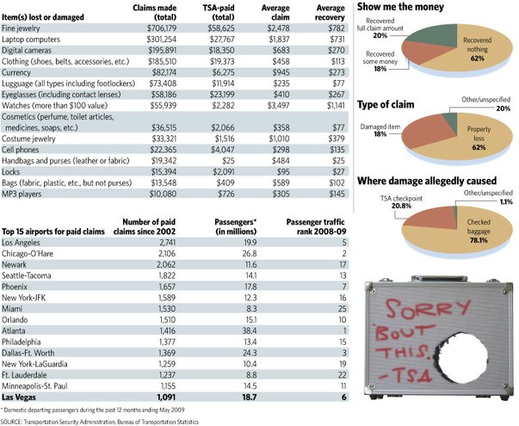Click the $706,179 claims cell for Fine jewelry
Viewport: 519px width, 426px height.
162,28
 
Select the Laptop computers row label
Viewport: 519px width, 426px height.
31,40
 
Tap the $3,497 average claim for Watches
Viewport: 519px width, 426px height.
278,106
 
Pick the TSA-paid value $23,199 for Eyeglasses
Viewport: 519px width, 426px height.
222,95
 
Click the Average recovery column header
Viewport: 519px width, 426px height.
330,13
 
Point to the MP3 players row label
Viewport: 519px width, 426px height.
22,194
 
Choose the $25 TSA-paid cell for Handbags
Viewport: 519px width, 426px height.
228,161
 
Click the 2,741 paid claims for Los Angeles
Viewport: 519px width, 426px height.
168,243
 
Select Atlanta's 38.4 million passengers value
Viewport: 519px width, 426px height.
250,330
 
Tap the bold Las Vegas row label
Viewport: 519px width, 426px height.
19,398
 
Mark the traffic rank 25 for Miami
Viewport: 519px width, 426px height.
343,309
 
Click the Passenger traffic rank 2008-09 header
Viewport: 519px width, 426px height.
316,226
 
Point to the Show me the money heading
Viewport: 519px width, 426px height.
400,7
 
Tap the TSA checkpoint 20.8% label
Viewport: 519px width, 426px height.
401,202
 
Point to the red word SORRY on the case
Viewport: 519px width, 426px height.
428,309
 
